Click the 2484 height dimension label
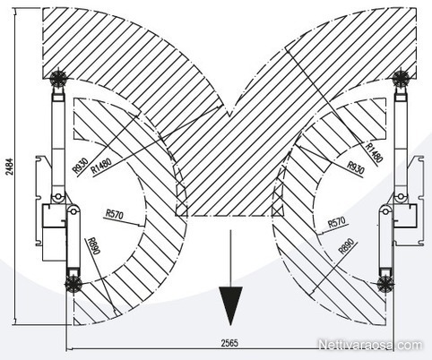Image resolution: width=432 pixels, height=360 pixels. tap(11, 167)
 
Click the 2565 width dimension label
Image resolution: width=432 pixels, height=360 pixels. tap(229, 343)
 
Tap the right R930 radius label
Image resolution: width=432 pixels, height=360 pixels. tap(355, 167)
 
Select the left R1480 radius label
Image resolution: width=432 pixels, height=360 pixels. tap(101, 166)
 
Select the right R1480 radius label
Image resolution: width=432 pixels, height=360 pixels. tap(375, 152)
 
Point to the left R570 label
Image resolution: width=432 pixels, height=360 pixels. tap(115, 214)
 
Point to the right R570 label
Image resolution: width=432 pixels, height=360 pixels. tap(337, 222)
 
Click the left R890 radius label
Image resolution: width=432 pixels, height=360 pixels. tap(92, 245)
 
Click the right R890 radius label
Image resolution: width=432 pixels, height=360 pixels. tap(348, 245)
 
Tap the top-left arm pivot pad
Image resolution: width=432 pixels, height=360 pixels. tap(57, 79)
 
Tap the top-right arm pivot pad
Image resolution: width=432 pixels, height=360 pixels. tap(401, 78)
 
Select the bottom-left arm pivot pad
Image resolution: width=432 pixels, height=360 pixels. tap(73, 284)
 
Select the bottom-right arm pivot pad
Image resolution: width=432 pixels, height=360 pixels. tap(385, 284)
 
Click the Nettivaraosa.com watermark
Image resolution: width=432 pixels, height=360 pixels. tap(370, 345)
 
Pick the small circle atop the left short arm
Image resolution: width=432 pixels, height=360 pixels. tap(72, 210)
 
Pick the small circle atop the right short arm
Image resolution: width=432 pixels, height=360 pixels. tap(385, 210)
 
